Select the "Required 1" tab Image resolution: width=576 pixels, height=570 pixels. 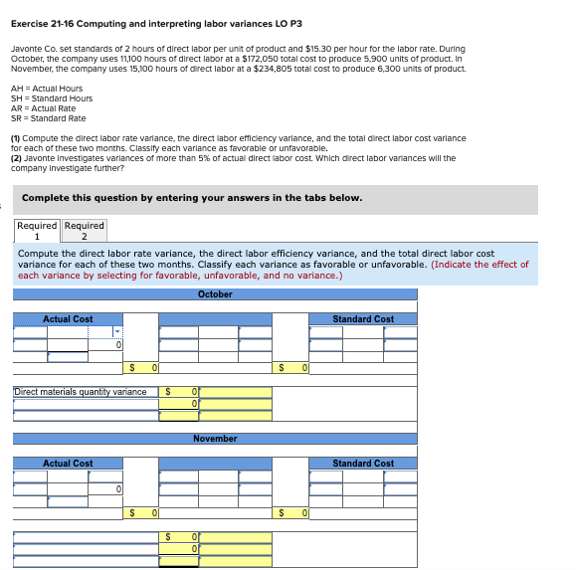(37, 231)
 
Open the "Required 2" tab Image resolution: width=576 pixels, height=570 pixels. (85, 231)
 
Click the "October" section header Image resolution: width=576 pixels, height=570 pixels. (215, 294)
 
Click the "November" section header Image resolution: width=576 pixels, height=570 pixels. (215, 439)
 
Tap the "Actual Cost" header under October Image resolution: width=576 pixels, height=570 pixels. (68, 319)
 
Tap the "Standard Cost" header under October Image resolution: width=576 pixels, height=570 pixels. (363, 319)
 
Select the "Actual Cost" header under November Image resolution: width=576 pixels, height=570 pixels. (68, 464)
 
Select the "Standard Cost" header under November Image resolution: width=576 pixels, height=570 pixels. (363, 464)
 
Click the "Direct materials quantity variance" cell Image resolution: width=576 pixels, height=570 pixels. (80, 392)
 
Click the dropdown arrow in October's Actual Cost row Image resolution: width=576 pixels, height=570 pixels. (118, 331)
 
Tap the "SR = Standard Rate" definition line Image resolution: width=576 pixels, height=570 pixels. (48, 118)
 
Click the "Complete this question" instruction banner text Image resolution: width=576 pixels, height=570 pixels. (192, 198)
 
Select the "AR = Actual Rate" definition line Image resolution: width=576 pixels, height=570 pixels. (43, 108)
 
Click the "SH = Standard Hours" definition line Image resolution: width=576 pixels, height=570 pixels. (51, 98)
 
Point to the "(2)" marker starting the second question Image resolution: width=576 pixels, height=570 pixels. (16, 158)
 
